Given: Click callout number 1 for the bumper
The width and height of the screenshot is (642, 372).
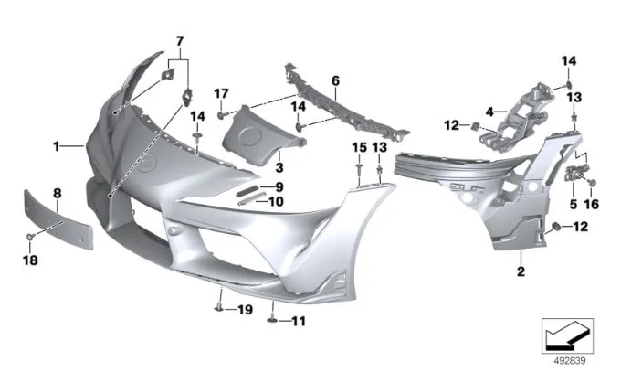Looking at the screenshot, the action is click(57, 146).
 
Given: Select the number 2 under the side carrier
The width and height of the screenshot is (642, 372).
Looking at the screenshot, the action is click(521, 271).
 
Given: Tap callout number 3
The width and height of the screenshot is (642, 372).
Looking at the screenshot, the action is click(279, 167).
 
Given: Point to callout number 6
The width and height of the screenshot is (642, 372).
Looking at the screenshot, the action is click(335, 80).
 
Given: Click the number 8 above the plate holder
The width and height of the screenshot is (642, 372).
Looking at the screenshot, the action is click(58, 193).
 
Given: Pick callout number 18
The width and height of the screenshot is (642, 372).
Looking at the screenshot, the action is click(31, 260).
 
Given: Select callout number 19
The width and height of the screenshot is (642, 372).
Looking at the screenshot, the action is click(245, 309).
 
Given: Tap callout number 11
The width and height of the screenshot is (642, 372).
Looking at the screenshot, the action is click(298, 321).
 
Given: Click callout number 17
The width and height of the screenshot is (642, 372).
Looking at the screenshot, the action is click(222, 94).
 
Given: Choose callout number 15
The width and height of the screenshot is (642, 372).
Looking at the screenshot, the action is click(360, 147).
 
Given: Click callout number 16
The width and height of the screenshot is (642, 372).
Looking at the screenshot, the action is click(592, 204).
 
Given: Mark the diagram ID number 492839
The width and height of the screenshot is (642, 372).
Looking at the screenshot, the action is click(570, 360).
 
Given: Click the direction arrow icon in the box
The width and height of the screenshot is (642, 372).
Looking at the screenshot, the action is click(567, 335).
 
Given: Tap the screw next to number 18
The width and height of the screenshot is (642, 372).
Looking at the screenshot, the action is click(30, 237).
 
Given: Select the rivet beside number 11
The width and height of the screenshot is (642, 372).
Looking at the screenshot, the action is click(272, 321).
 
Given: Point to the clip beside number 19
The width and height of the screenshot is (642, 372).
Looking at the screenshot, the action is click(218, 308).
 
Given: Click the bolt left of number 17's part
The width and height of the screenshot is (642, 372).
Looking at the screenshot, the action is click(221, 115).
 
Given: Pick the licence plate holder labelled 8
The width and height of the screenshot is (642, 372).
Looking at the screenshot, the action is click(58, 219).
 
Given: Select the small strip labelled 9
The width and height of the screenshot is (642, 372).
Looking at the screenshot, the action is click(248, 190).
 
